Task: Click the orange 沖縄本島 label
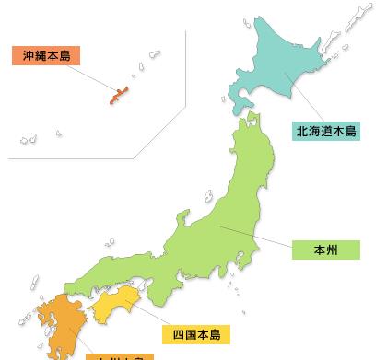pyautogui.click(x=46, y=55)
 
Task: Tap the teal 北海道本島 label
pyautogui.click(x=326, y=131)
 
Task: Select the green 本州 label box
pyautogui.click(x=325, y=250)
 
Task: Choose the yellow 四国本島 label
pyautogui.click(x=196, y=332)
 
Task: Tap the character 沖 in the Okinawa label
pyautogui.click(x=29, y=55)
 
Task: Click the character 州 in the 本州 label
pyautogui.click(x=332, y=250)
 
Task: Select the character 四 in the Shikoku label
pyautogui.click(x=179, y=332)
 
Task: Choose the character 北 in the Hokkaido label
pyautogui.click(x=301, y=131)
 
